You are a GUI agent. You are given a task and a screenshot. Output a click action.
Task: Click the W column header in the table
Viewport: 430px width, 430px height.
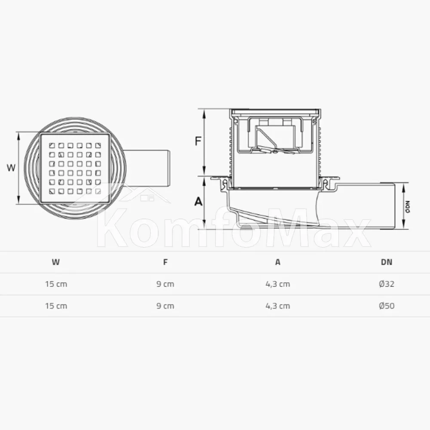(x=55, y=262)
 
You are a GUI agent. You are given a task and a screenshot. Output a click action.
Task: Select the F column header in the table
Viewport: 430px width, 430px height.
(x=165, y=262)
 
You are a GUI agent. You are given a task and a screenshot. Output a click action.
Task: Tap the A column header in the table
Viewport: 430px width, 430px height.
(x=278, y=262)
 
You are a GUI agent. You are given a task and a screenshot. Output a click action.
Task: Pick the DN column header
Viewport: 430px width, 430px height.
(x=387, y=262)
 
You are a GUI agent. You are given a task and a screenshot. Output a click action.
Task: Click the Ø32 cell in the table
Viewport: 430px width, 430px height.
(x=387, y=284)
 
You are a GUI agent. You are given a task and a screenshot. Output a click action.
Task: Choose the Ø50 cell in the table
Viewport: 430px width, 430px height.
(x=387, y=306)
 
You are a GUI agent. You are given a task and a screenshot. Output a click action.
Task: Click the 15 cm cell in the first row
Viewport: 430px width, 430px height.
(x=56, y=284)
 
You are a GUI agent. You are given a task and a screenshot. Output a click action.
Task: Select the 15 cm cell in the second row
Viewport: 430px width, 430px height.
(x=56, y=306)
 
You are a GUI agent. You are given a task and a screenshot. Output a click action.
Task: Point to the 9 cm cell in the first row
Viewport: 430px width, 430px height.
(x=165, y=284)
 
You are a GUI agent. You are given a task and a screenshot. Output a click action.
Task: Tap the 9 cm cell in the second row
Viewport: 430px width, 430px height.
(x=165, y=306)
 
